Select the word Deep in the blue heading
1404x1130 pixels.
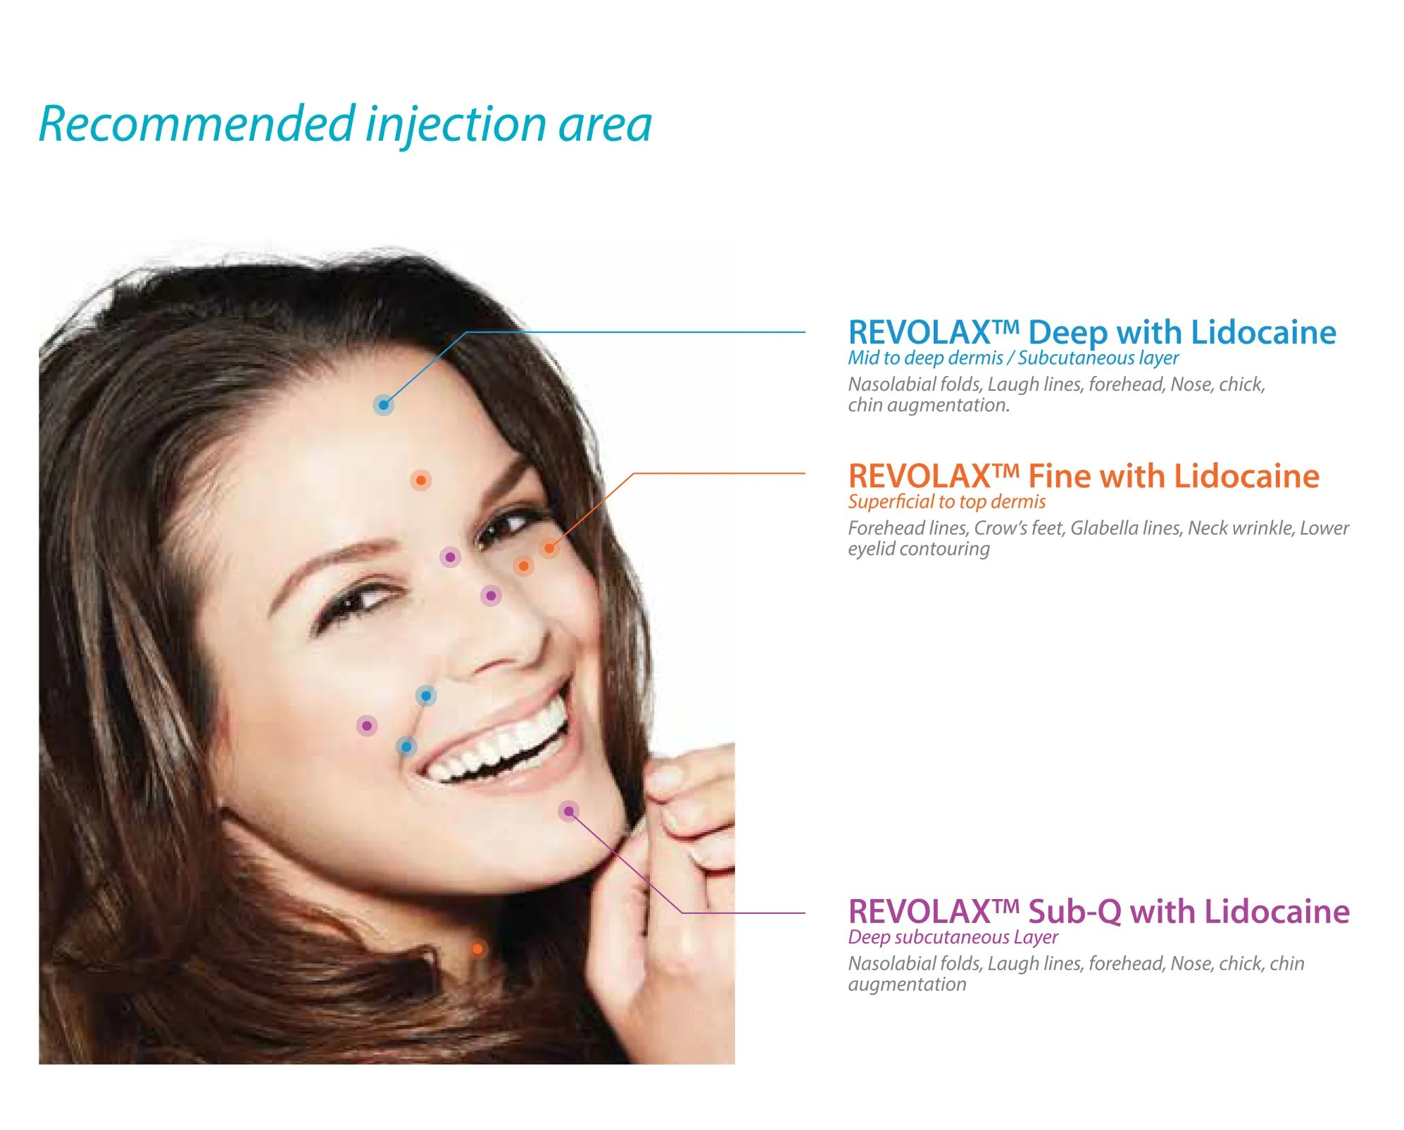coord(1067,332)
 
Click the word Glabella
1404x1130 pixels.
coord(1100,528)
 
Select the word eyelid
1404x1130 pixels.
coord(870,550)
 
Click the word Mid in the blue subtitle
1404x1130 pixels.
coord(863,358)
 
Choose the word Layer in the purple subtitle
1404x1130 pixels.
coord(1035,938)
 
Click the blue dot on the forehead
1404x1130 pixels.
coord(383,405)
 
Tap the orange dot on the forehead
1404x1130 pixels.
coord(421,480)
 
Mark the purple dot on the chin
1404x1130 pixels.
coord(568,811)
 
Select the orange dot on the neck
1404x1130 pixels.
coord(477,948)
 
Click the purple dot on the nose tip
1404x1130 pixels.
coord(491,596)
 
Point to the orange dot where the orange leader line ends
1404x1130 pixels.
coord(549,548)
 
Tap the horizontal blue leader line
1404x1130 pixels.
coord(634,332)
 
